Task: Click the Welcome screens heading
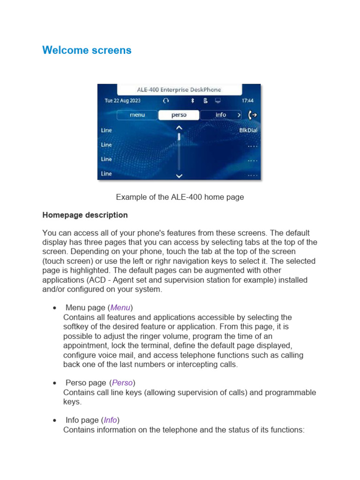[x=87, y=50]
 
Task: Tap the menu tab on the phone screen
[x=137, y=115]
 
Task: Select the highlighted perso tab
[x=179, y=115]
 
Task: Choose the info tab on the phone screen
[x=220, y=115]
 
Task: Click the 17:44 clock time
[x=247, y=101]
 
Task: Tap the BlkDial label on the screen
[x=248, y=130]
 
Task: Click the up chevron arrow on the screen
[x=179, y=127]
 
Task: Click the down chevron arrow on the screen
[x=179, y=176]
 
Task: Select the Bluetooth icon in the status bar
[x=192, y=101]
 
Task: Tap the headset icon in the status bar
[x=165, y=101]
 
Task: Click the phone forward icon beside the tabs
[x=253, y=115]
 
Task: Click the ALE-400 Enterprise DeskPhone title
[x=179, y=90]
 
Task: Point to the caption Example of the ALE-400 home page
[x=180, y=197]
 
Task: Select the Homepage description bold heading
[x=85, y=215]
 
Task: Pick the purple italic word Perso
[x=122, y=383]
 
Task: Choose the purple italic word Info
[x=110, y=420]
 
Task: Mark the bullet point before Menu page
[x=55, y=308]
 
